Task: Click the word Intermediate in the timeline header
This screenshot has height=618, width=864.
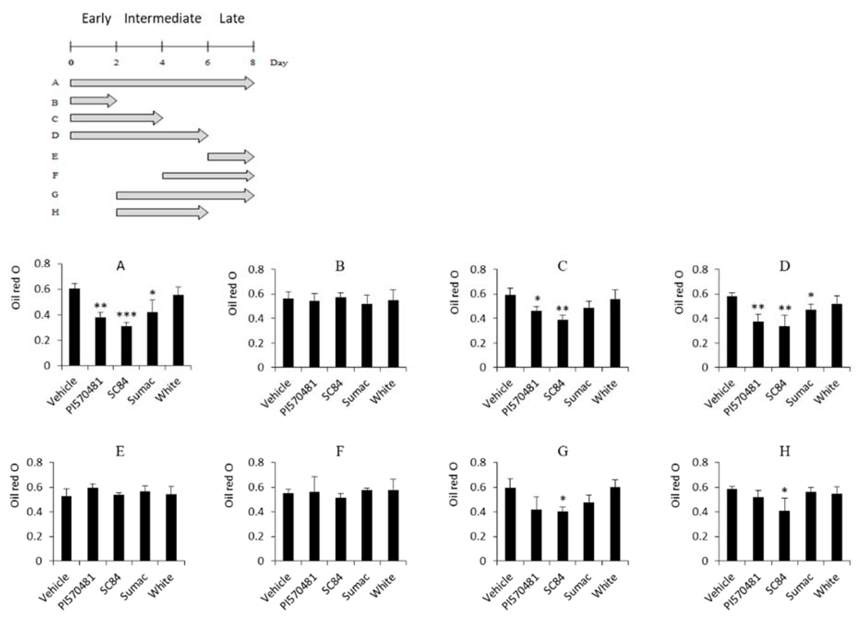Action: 163,18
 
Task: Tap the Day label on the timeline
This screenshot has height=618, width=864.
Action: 279,63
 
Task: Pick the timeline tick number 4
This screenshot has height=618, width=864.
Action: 162,63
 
